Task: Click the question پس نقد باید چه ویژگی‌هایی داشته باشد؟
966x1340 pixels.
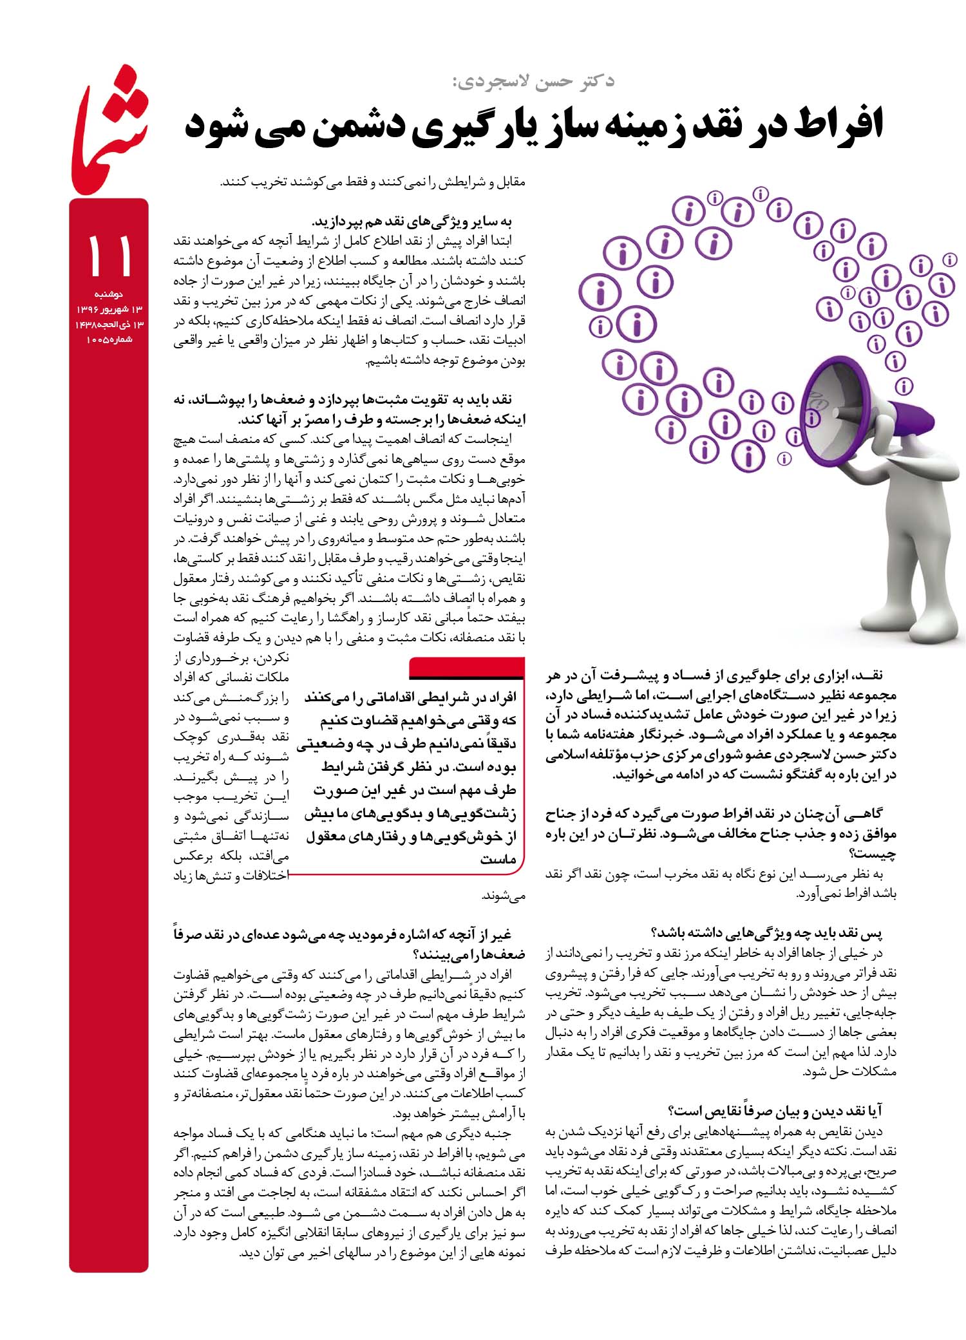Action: point(766,933)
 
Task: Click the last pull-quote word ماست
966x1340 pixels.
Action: point(498,860)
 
